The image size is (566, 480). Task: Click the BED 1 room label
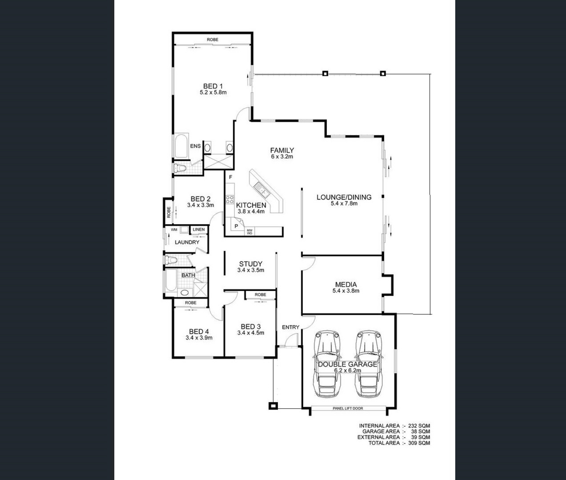[213, 86]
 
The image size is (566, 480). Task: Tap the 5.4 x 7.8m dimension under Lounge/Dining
[344, 203]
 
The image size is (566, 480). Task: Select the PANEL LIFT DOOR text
[348, 408]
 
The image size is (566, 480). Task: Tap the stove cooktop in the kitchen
[230, 199]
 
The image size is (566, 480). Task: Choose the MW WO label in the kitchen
[249, 232]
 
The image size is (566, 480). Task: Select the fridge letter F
[230, 177]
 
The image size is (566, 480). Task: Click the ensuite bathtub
[181, 146]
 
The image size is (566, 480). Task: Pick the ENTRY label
[290, 327]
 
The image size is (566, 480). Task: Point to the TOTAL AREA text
[384, 443]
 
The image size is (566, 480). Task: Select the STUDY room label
[250, 264]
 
